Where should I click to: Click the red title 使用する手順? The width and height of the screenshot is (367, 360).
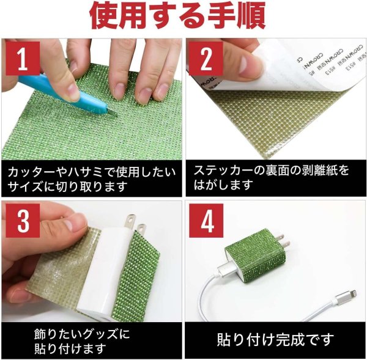183,17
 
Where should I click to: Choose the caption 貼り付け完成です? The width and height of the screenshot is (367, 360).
275,337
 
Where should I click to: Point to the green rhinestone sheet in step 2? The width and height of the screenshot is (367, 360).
275,128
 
